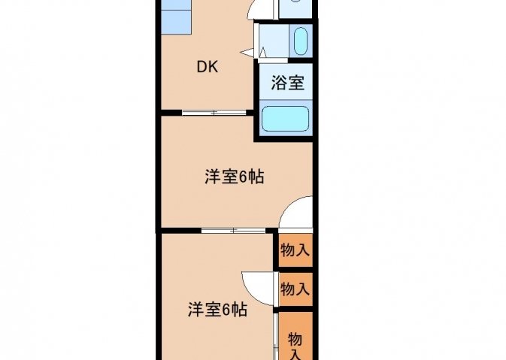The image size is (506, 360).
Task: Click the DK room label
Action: tap(208, 67)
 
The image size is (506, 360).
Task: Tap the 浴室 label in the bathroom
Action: tap(287, 83)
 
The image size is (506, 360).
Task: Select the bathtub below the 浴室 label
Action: tap(286, 119)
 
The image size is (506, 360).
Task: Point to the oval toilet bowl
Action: tap(301, 41)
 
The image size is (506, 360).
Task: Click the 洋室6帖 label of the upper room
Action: tap(235, 177)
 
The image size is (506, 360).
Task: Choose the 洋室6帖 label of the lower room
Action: tap(218, 310)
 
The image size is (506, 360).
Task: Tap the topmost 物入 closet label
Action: tap(295, 250)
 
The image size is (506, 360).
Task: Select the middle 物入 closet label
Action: tap(295, 289)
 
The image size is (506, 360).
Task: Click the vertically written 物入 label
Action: tap(295, 346)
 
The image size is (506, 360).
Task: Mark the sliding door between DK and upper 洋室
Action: tap(214, 113)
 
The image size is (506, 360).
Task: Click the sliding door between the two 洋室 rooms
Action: tap(233, 230)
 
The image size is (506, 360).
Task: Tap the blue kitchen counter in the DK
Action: tap(176, 17)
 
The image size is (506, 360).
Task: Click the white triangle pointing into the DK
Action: tap(247, 53)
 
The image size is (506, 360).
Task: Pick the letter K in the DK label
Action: tap(213, 67)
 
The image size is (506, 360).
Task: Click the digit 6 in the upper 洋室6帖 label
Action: tap(244, 177)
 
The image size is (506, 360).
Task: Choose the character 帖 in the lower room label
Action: tap(240, 310)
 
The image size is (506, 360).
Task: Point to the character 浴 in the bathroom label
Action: tap(278, 83)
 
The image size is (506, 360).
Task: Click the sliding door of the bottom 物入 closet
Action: tap(276, 336)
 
